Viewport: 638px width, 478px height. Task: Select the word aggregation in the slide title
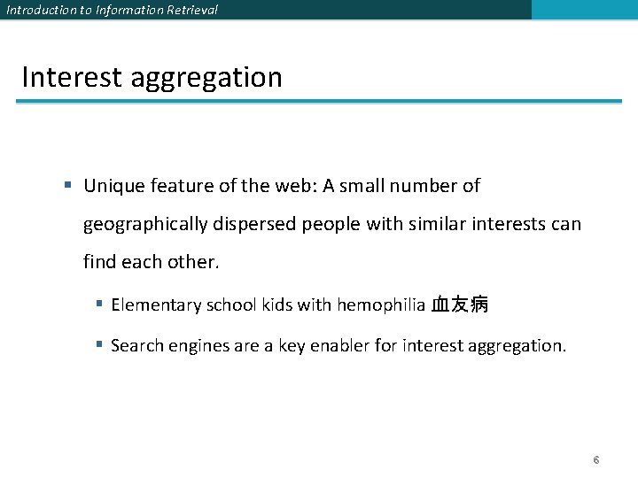206,79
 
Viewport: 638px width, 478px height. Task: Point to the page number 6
596,460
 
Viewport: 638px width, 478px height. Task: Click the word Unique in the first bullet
111,186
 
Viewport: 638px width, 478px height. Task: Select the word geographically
144,225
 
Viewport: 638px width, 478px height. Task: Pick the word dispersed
253,225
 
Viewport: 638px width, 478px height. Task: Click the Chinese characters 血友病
459,305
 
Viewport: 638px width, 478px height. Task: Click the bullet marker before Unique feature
68,186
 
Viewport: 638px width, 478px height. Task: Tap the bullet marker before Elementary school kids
100,305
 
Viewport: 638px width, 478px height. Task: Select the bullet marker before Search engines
100,345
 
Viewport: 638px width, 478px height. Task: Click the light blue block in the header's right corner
584,10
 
